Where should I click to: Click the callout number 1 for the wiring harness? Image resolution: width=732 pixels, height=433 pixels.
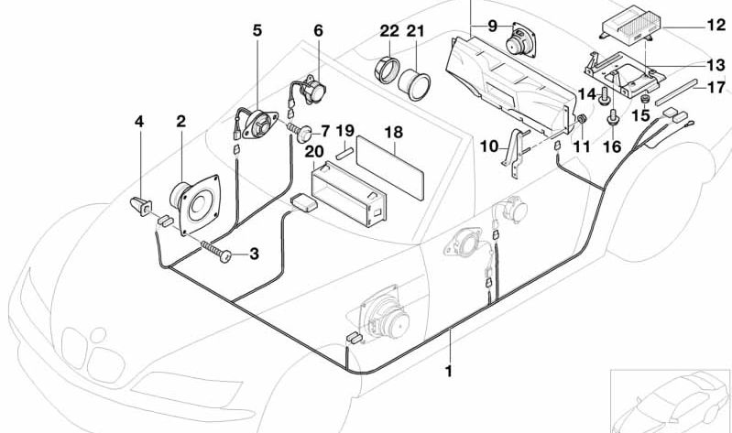(x=449, y=373)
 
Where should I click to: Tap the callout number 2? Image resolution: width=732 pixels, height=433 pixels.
(x=181, y=122)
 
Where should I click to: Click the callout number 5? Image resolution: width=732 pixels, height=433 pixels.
(x=257, y=30)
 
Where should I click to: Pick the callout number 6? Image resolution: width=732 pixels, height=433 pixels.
(x=318, y=30)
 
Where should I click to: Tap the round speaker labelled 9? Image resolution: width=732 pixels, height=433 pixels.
(x=522, y=41)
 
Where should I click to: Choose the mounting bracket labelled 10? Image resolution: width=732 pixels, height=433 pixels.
(x=517, y=150)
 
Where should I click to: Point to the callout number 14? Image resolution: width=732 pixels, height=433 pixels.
(x=587, y=95)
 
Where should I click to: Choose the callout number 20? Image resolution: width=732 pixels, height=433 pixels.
(x=314, y=150)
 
